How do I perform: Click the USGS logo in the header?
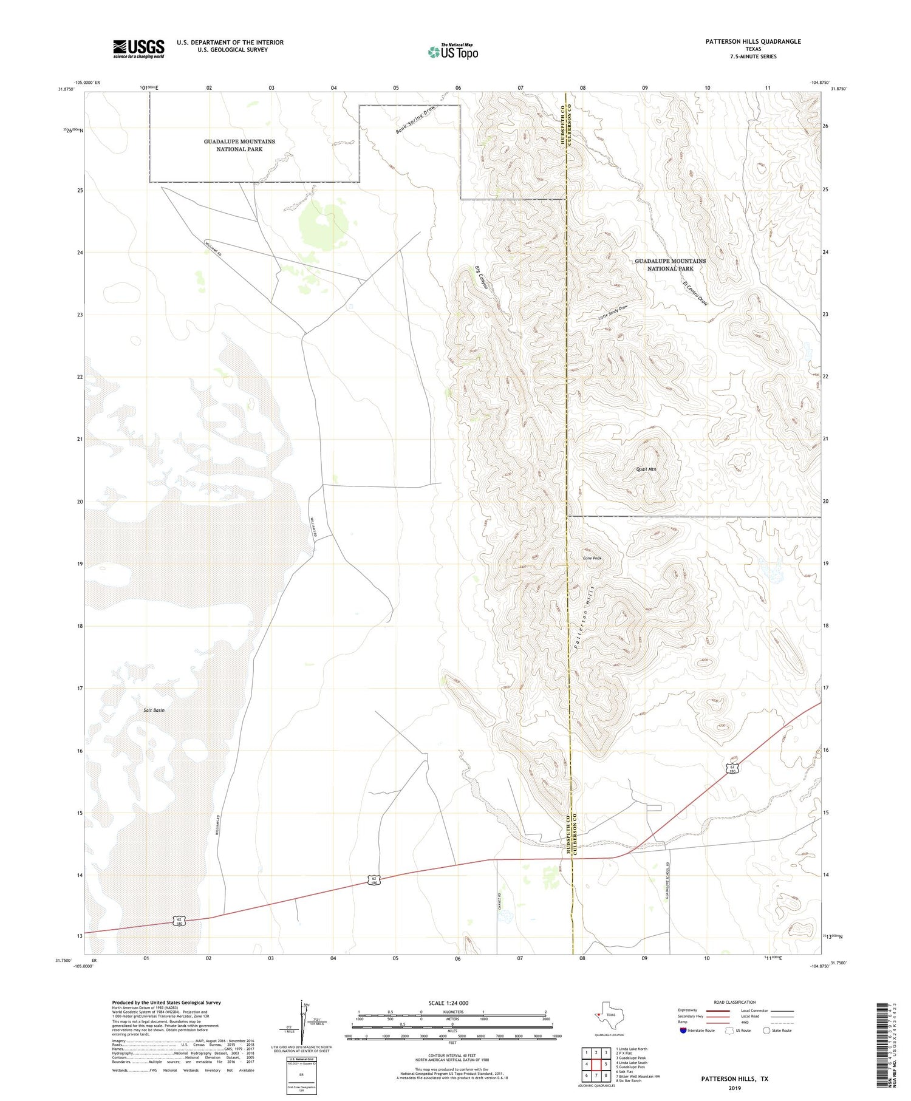coord(138,49)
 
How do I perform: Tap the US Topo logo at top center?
coord(453,52)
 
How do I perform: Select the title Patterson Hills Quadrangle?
coord(745,41)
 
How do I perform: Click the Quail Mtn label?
coord(646,469)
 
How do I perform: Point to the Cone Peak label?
coord(592,558)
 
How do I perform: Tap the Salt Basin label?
coord(154,710)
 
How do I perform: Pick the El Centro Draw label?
coord(695,293)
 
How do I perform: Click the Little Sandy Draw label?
coord(612,313)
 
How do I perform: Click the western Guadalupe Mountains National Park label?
coord(239,145)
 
